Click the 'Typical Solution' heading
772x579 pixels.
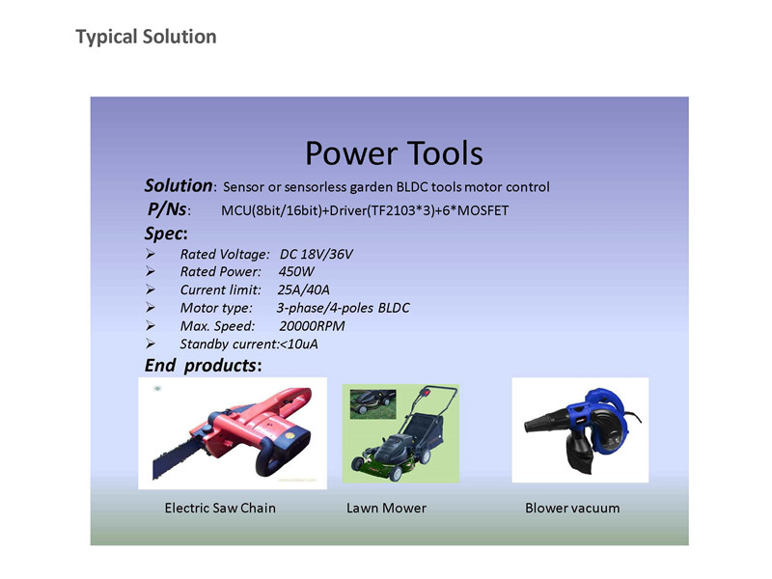coord(146,37)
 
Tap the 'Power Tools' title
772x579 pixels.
coord(394,153)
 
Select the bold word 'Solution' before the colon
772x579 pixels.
coord(179,185)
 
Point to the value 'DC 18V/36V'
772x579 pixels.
coord(317,254)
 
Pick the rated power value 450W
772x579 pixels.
coord(296,272)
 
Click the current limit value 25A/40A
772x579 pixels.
coord(303,290)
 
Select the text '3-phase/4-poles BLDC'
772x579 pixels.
coord(343,308)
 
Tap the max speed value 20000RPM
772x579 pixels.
coord(312,326)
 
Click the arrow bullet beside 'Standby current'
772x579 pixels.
coord(151,344)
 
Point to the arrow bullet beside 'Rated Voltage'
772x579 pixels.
coord(151,254)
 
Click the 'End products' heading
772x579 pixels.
coord(203,366)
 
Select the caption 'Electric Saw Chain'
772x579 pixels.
coord(220,509)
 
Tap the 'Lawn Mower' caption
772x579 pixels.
coord(387,509)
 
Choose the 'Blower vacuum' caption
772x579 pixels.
coord(572,509)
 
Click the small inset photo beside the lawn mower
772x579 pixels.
coord(372,404)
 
